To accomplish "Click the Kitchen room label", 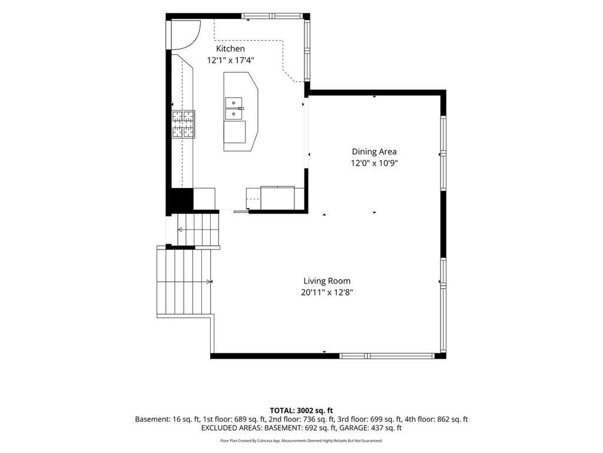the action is pos(230,48).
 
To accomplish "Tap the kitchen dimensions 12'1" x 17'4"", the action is pos(231,61).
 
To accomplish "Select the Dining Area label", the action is pos(374,152).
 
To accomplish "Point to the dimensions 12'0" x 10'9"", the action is pos(374,163).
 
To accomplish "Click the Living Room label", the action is pos(327,281).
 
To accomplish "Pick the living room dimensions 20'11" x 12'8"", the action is pos(327,293).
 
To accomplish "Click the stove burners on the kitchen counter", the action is pos(183,124).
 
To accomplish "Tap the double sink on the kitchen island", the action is pos(234,109).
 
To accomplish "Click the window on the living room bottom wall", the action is pos(386,356).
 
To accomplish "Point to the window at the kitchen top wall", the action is pos(272,16).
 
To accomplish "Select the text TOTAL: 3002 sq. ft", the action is pos(301,411).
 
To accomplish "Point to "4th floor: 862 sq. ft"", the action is pos(436,419).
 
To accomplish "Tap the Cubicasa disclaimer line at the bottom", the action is pos(301,441).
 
